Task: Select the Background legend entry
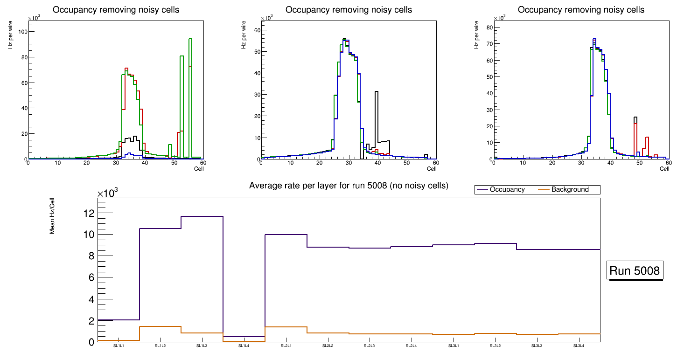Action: click(x=569, y=190)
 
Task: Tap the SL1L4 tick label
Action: click(x=244, y=346)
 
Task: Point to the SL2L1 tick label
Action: click(x=286, y=346)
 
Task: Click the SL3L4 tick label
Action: click(x=579, y=346)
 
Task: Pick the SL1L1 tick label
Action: click(x=119, y=346)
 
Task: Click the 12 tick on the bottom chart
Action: click(x=89, y=213)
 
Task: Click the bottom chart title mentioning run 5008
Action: click(x=349, y=186)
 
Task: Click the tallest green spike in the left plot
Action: click(x=190, y=40)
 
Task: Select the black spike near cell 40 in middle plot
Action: click(x=377, y=92)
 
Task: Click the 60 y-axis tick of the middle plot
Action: click(x=257, y=30)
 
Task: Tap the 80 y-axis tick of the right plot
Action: click(x=489, y=27)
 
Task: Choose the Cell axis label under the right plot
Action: click(x=664, y=169)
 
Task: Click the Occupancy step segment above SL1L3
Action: click(x=202, y=216)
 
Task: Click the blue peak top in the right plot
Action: click(x=594, y=39)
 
